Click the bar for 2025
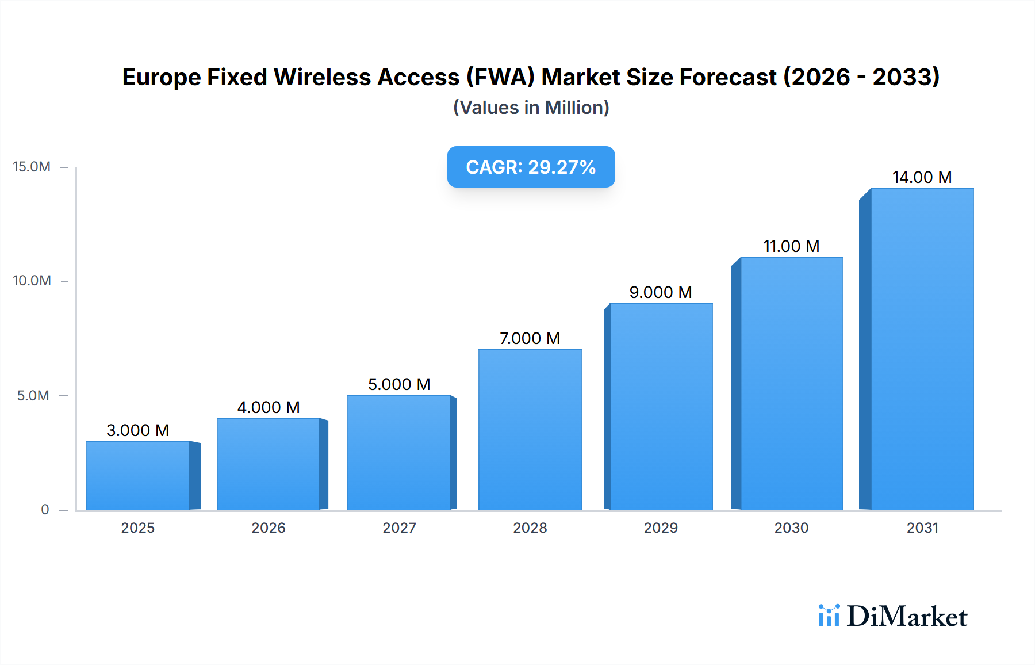click(x=138, y=475)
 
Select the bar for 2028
click(x=530, y=429)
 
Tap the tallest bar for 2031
click(x=922, y=349)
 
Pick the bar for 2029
click(x=661, y=406)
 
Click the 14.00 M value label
click(x=922, y=177)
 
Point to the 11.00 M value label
click(x=791, y=246)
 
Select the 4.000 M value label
click(x=269, y=407)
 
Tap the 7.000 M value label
click(x=530, y=338)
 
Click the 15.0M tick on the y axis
click(x=32, y=167)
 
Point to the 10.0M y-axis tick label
click(x=32, y=281)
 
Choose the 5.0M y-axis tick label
click(x=33, y=396)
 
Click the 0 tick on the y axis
click(x=45, y=510)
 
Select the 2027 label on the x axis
click(x=399, y=528)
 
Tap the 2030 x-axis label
click(x=791, y=528)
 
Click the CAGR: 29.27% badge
click(x=531, y=167)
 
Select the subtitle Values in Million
click(x=531, y=108)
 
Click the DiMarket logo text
click(x=907, y=617)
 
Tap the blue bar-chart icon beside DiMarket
click(x=829, y=616)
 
